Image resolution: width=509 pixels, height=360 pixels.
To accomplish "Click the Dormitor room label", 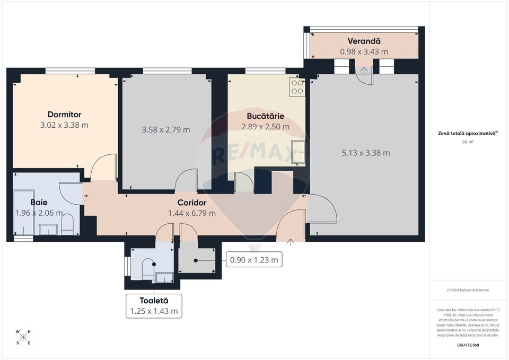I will pyautogui.click(x=64, y=115).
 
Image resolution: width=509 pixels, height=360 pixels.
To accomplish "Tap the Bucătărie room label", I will pyautogui.click(x=265, y=116).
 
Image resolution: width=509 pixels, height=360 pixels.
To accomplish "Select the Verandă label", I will pyautogui.click(x=364, y=41).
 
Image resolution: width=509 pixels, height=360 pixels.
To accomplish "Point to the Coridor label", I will pyautogui.click(x=191, y=203).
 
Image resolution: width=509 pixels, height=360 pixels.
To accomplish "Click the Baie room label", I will pyautogui.click(x=39, y=203).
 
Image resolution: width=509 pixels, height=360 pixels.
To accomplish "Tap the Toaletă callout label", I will pyautogui.click(x=153, y=301).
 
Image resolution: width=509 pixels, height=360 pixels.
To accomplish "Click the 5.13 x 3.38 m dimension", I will pyautogui.click(x=365, y=153).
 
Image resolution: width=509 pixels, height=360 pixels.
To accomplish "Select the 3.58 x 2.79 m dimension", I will pyautogui.click(x=166, y=129).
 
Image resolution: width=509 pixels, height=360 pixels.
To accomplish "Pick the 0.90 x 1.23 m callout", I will pyautogui.click(x=253, y=260).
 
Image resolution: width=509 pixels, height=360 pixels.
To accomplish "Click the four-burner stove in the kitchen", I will pyautogui.click(x=297, y=86).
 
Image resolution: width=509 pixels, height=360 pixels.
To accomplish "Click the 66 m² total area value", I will pyautogui.click(x=468, y=142).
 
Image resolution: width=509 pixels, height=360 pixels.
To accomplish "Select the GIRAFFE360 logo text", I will pyautogui.click(x=468, y=345).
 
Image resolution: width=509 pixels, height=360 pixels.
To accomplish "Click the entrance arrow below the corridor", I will pyautogui.click(x=291, y=243).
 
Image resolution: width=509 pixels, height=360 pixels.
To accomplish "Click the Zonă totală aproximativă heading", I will pyautogui.click(x=468, y=134).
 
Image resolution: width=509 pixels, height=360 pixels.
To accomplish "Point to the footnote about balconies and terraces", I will pyautogui.click(x=468, y=290).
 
